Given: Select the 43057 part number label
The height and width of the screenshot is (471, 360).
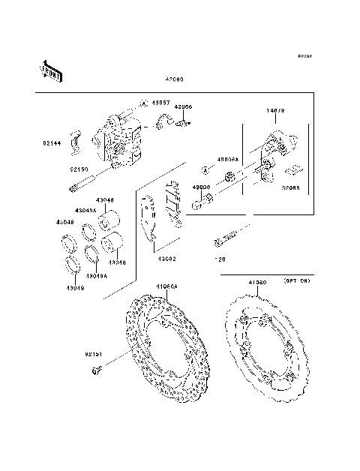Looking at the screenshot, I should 160,101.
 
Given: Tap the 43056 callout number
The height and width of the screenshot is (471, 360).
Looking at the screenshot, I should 184,107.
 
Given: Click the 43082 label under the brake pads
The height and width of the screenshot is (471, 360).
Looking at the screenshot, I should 166,259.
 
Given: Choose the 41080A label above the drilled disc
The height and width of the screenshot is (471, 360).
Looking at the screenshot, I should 166,286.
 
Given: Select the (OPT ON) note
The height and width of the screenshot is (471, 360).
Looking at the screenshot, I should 297,280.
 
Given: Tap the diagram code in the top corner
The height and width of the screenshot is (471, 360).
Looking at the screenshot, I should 304,56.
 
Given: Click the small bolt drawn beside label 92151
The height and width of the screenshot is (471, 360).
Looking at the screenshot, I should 97,370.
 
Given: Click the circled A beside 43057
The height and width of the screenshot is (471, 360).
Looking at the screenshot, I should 141,101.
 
